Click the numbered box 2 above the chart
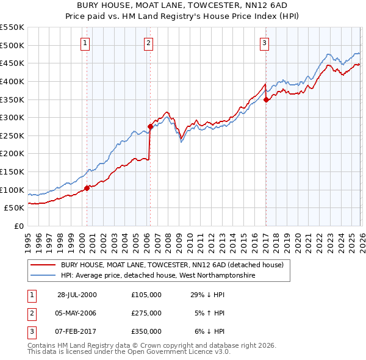[148, 43]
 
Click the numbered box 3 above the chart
[264, 43]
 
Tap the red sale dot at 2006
[150, 127]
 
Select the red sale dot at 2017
[266, 100]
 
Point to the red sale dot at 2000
[87, 188]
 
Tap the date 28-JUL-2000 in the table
[77, 294]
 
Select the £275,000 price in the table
[146, 313]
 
